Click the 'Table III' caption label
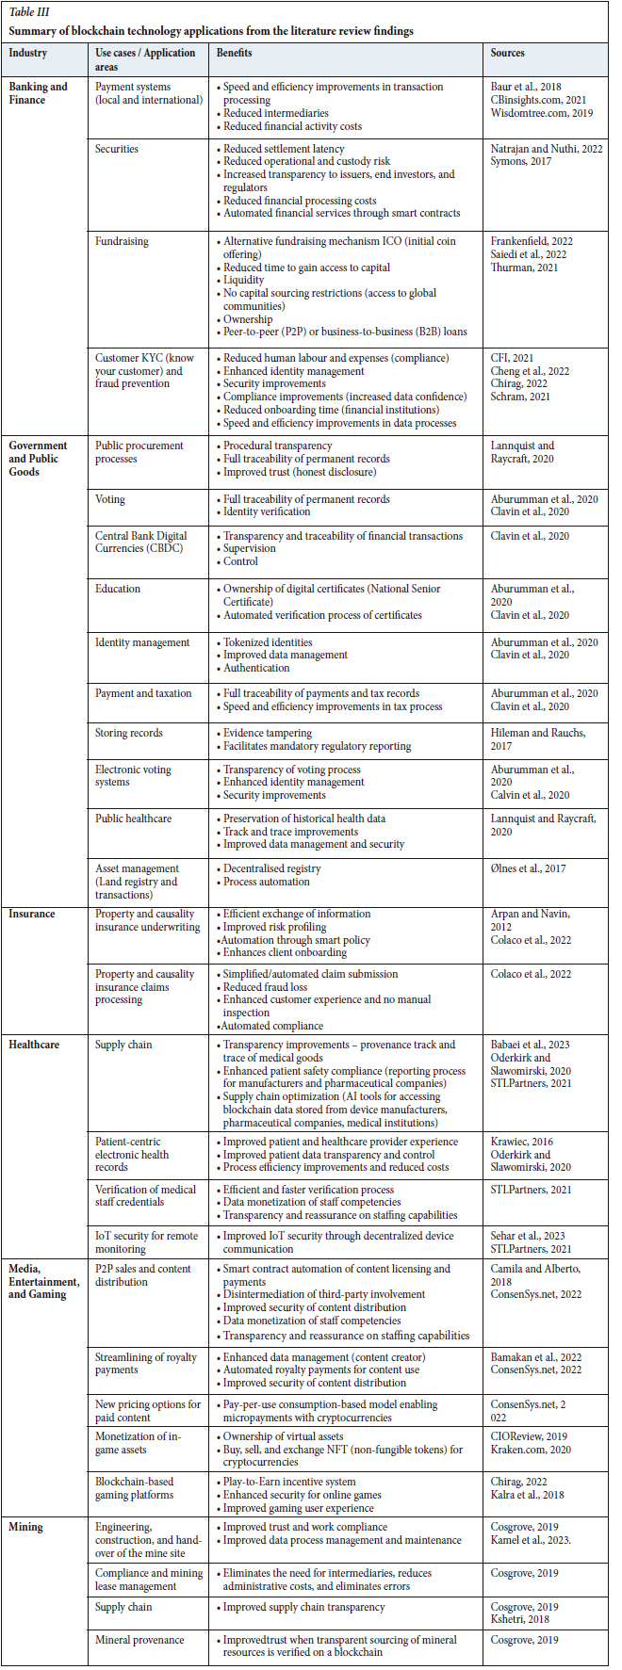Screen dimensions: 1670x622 tap(32, 12)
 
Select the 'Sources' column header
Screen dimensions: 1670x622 tap(507, 53)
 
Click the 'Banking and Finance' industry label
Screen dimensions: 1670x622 tap(38, 93)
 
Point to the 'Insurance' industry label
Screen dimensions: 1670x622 tap(32, 914)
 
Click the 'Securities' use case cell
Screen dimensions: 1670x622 tap(117, 149)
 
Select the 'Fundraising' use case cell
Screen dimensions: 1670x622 tap(122, 241)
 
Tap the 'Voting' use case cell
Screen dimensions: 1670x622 tap(110, 499)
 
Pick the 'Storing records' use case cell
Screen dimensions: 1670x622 tap(129, 733)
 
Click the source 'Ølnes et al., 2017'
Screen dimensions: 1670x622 tap(528, 868)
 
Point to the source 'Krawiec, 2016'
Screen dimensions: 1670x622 tap(521, 1142)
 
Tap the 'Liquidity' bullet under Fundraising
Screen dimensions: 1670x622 tap(243, 281)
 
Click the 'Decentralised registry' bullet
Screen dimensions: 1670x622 tap(271, 868)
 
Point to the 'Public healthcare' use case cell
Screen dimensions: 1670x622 tap(134, 819)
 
